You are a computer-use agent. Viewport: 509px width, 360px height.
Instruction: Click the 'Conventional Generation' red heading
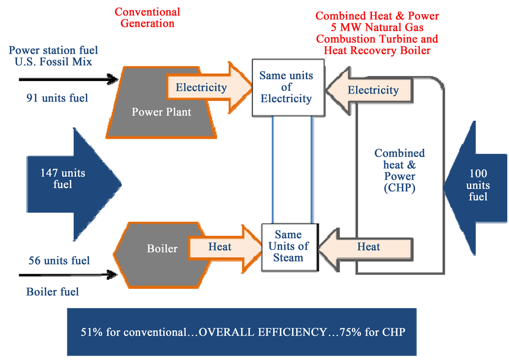147,18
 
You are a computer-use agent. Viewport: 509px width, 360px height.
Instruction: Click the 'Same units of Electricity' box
286,88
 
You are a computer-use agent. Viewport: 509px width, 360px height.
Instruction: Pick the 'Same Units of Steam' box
288,247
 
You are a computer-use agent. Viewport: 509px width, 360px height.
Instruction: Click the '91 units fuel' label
57,98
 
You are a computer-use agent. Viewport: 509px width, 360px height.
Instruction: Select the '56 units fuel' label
59,261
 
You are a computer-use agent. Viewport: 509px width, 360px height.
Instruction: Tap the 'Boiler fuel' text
52,292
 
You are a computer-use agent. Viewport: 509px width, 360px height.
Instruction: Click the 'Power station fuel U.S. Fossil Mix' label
54,56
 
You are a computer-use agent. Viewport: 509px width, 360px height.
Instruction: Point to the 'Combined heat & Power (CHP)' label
399,171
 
